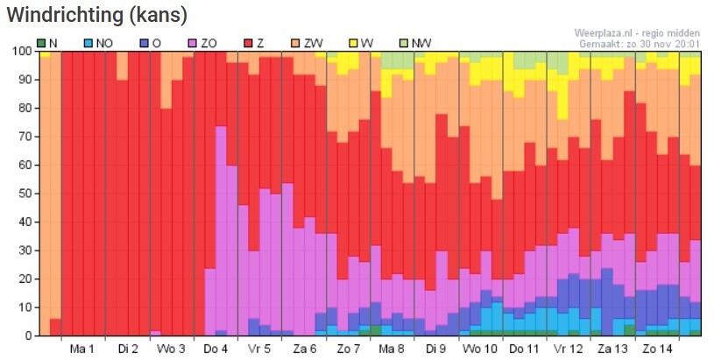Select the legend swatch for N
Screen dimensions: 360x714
[x=41, y=42]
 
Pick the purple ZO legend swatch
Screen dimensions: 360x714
[x=192, y=42]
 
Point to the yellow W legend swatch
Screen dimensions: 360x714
[x=354, y=42]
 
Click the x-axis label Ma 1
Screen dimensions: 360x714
[x=83, y=349]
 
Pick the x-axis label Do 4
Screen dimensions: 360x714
[x=216, y=349]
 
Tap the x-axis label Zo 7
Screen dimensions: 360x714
[x=348, y=349]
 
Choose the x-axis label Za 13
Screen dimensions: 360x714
[x=613, y=349]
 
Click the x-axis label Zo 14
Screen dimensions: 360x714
[x=657, y=349]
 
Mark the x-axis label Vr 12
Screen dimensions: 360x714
[x=569, y=349]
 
